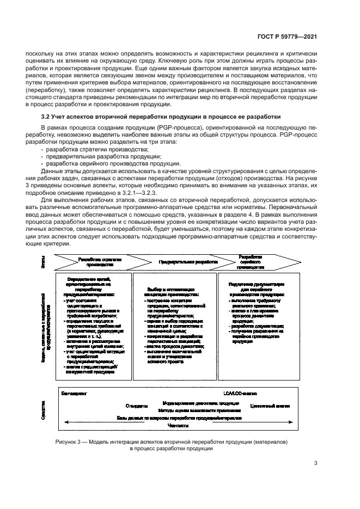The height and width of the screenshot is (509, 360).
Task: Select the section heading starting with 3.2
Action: [x=161, y=116]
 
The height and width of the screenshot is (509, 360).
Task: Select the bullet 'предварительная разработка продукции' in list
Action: [x=90, y=156]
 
